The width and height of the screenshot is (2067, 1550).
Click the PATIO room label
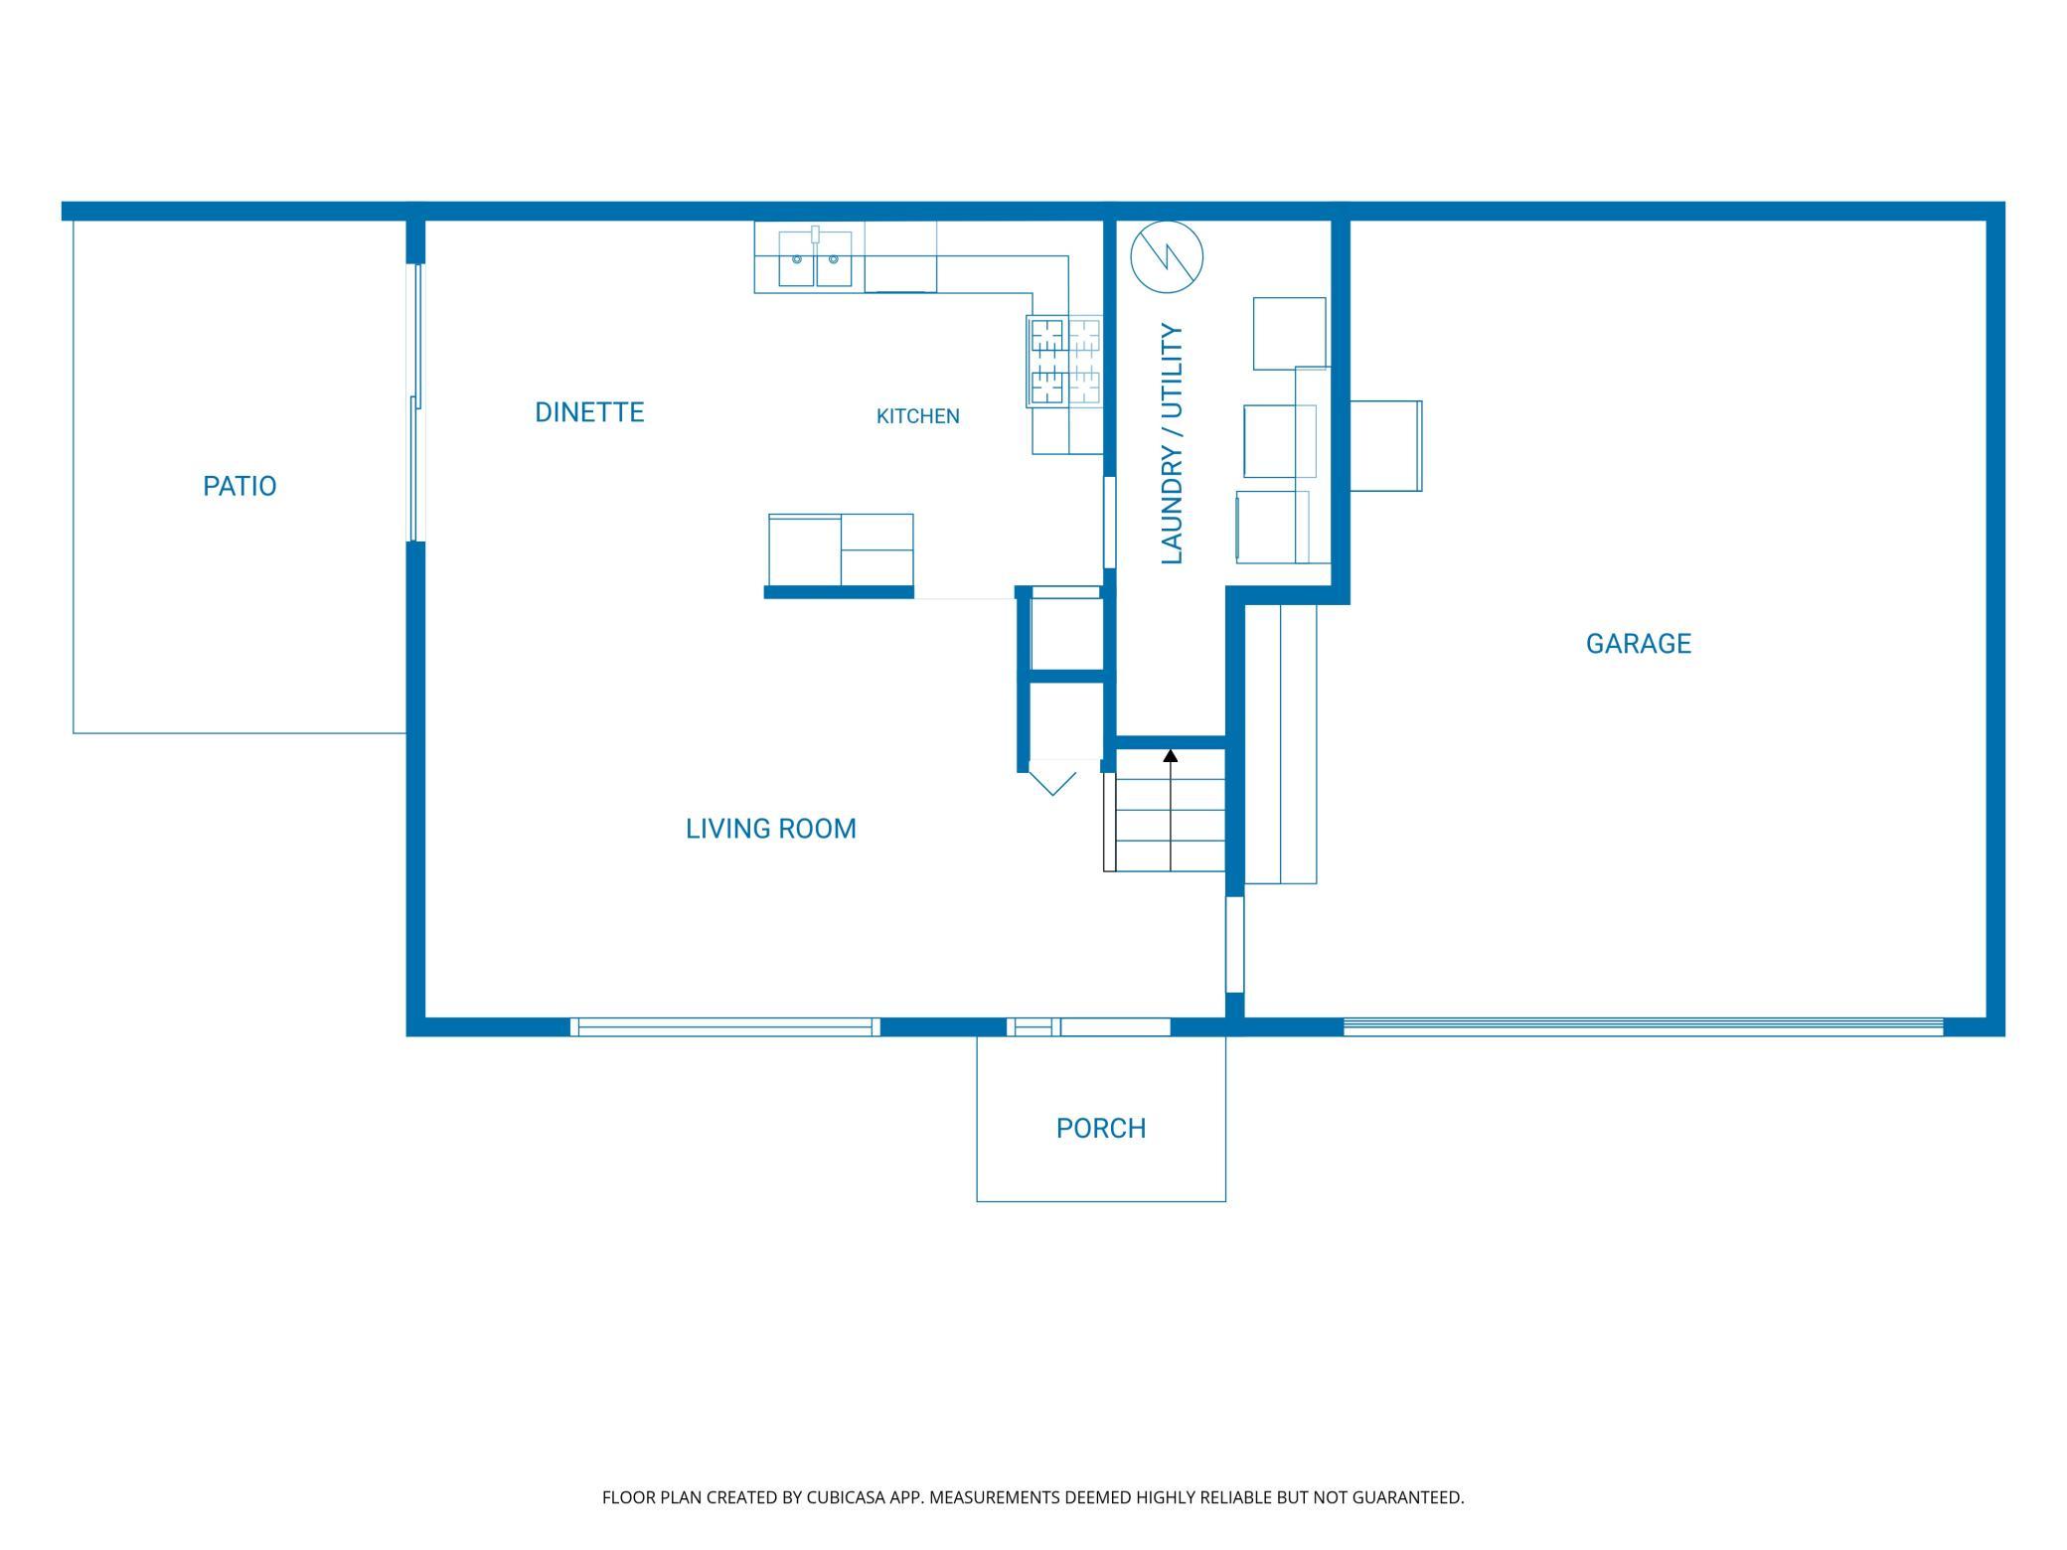click(x=239, y=486)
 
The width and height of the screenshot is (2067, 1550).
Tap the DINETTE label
click(x=589, y=412)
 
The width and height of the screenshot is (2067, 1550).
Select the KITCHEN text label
click(x=918, y=416)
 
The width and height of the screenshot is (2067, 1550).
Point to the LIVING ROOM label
click(x=771, y=829)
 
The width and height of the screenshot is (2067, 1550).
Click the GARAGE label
click(x=1639, y=644)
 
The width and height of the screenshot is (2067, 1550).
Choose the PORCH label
click(x=1101, y=1129)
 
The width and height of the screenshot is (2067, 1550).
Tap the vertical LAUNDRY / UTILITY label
click(x=1173, y=444)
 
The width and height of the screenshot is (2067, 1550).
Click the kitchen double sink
click(x=815, y=259)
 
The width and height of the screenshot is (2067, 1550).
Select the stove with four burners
click(x=1065, y=362)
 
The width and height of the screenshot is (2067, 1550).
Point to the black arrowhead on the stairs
click(x=1171, y=756)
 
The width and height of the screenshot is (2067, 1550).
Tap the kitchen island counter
click(x=841, y=550)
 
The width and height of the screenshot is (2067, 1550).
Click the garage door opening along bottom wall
click(x=1644, y=1026)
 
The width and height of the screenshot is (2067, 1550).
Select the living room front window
click(x=725, y=1026)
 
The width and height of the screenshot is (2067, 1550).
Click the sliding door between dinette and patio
click(x=417, y=402)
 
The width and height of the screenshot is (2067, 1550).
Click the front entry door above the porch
click(x=1089, y=1026)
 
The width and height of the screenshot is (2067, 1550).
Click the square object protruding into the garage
click(x=1386, y=446)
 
